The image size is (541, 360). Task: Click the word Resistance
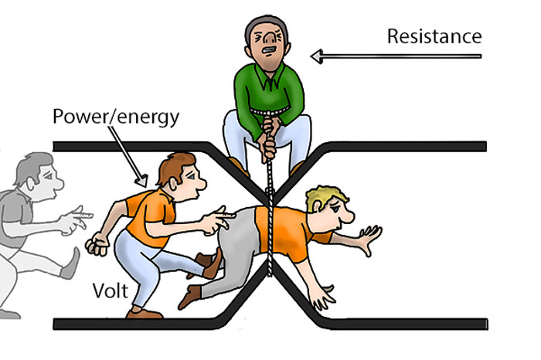pyautogui.click(x=434, y=36)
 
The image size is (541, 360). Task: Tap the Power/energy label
pyautogui.click(x=115, y=117)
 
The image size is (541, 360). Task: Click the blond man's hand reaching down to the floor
pyautogui.click(x=325, y=294)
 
